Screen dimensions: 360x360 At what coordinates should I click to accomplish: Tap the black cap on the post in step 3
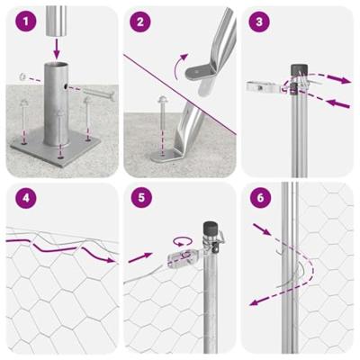point(296,69)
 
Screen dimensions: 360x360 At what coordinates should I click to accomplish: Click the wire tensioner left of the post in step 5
point(181,258)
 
